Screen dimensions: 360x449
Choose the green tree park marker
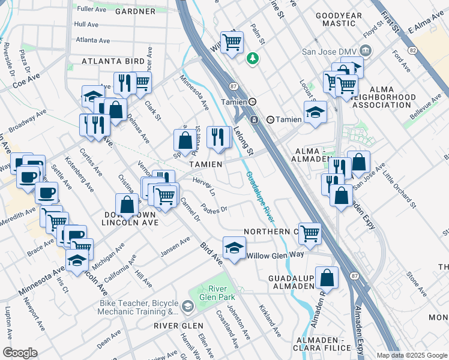(252, 58)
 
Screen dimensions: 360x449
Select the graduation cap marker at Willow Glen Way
(234, 247)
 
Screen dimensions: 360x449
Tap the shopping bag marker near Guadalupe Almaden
(328, 277)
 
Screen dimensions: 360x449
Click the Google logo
(20, 353)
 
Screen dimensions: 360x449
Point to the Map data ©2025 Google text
(412, 355)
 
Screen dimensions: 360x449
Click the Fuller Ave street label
(91, 10)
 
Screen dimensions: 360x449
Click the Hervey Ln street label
(203, 186)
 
